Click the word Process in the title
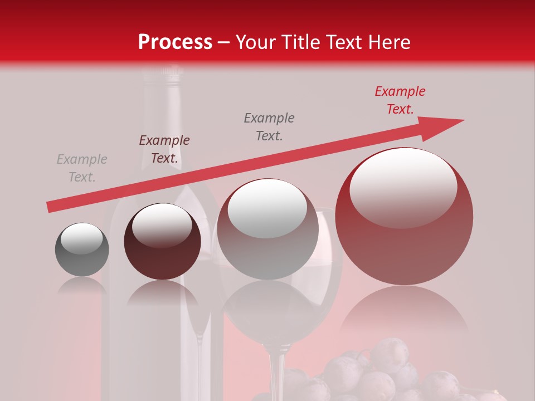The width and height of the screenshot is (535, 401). click(175, 42)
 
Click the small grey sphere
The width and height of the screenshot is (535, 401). click(82, 250)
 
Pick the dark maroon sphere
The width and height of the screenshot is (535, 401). click(162, 242)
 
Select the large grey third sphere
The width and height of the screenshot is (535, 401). click(267, 229)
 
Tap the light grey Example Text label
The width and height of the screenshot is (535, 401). click(82, 168)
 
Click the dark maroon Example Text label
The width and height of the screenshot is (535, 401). click(164, 149)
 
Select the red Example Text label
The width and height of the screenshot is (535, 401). click(400, 100)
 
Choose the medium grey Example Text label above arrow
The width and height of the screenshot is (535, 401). click(269, 127)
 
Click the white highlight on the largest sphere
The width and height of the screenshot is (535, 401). click(403, 188)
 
